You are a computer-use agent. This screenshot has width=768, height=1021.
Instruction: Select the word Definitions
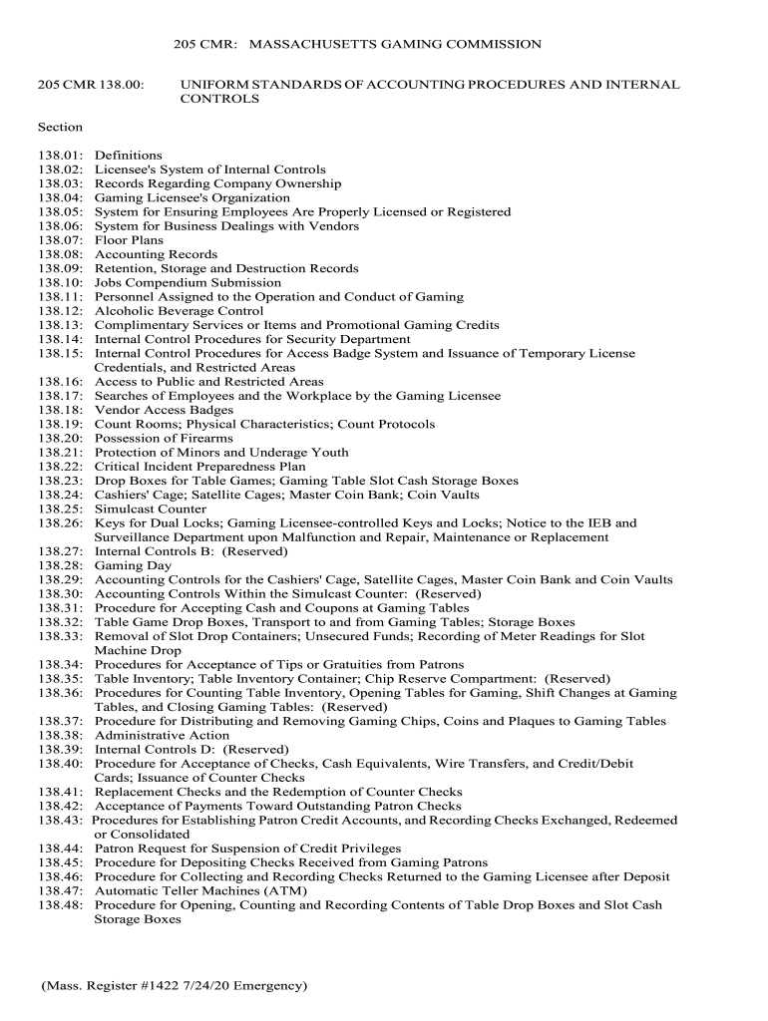tap(128, 156)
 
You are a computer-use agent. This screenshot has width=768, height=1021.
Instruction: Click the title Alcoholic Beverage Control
tap(179, 311)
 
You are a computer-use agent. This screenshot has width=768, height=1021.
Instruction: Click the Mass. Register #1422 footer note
tap(174, 986)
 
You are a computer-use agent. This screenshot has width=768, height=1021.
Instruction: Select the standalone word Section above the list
tap(60, 127)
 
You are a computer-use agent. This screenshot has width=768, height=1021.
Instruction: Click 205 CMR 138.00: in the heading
tap(92, 85)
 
